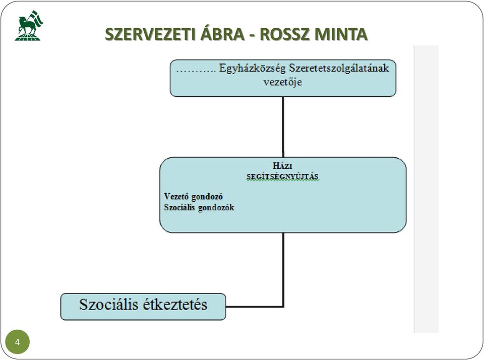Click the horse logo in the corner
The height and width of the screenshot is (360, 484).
pyautogui.click(x=29, y=26)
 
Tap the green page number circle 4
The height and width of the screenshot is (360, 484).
pyautogui.click(x=17, y=342)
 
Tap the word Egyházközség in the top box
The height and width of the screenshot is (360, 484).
pyautogui.click(x=252, y=68)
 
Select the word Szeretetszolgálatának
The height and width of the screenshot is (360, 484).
pyautogui.click(x=339, y=68)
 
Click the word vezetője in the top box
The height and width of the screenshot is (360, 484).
pyautogui.click(x=283, y=82)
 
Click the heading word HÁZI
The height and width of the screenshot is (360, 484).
pyautogui.click(x=282, y=166)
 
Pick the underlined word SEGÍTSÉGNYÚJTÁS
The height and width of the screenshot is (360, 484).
pyautogui.click(x=282, y=177)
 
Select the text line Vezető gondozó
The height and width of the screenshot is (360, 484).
pyautogui.click(x=193, y=196)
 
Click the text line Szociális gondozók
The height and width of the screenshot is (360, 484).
pyautogui.click(x=199, y=207)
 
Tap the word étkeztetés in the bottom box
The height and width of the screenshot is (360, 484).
pyautogui.click(x=175, y=305)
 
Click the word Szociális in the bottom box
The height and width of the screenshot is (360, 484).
pyautogui.click(x=109, y=305)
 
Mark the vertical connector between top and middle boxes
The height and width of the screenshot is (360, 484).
pyautogui.click(x=283, y=127)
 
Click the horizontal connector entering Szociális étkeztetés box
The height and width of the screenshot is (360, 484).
pyautogui.click(x=255, y=307)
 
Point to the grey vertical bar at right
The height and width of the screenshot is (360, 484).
pyautogui.click(x=427, y=189)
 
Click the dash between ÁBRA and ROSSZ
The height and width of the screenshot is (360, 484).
pyautogui.click(x=253, y=35)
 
